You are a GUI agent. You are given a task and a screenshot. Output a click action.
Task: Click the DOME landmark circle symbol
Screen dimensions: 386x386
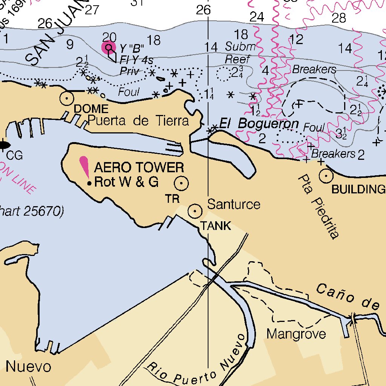[67, 98]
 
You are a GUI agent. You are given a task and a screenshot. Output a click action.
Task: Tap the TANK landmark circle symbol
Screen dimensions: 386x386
[195, 211]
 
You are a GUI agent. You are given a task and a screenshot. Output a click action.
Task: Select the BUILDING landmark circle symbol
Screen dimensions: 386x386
[326, 175]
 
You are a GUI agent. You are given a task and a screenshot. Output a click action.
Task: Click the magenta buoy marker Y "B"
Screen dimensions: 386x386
[109, 47]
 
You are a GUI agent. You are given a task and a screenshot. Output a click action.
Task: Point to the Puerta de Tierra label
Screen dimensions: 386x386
[138, 121]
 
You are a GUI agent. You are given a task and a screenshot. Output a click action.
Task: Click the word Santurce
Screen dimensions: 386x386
[234, 204]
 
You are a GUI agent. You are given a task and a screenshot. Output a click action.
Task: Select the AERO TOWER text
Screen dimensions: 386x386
[139, 167]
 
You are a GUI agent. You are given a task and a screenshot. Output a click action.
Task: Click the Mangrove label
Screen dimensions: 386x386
[296, 334]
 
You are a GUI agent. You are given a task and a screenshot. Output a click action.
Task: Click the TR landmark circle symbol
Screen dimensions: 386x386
[181, 183]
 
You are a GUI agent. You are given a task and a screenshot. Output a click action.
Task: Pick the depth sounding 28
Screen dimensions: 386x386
[338, 17]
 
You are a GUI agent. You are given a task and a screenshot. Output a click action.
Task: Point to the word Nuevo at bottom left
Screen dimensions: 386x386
[28, 366]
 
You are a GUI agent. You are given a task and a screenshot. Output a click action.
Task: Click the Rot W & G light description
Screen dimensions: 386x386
[126, 182]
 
